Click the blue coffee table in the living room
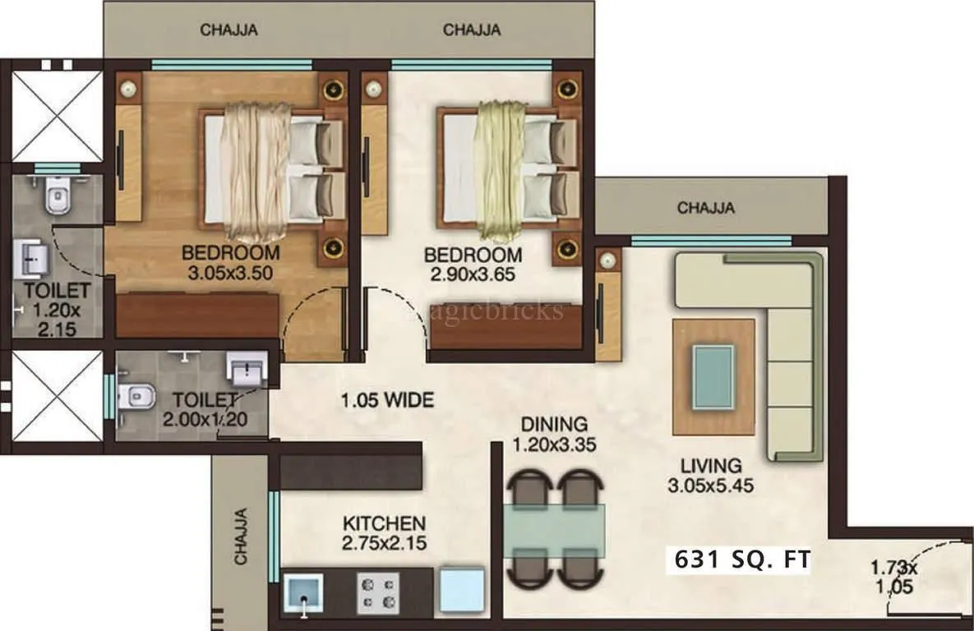point(713,376)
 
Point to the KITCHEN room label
point(384,523)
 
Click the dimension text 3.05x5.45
point(711,486)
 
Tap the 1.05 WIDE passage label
point(387,401)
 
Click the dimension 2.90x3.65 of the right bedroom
point(473,274)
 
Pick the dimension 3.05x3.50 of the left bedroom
point(230,273)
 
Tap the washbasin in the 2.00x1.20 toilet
point(247,370)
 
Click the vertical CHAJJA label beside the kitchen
point(241,537)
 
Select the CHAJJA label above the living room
point(705,208)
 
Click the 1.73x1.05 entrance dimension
point(894,577)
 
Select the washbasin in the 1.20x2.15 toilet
point(32,261)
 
